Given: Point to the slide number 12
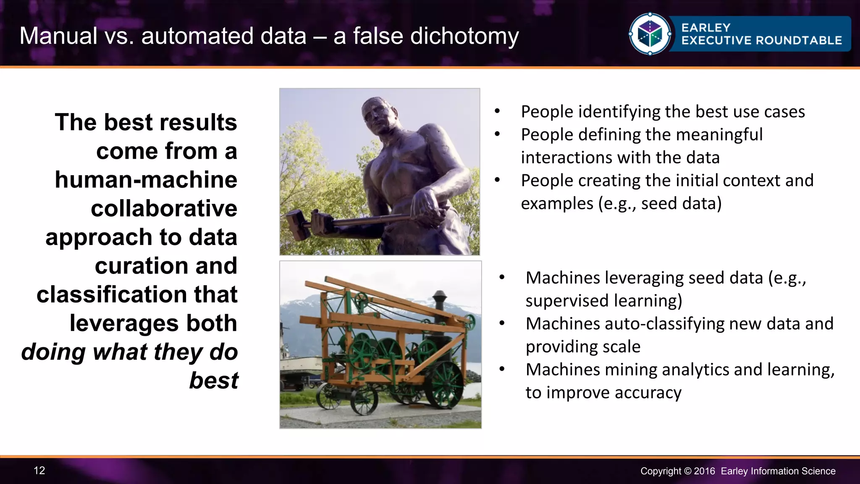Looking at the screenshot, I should coord(39,471).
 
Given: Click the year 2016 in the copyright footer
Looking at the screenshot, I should coord(704,471).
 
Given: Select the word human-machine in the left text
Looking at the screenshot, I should coord(146,180).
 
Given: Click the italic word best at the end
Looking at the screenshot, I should coord(213,381).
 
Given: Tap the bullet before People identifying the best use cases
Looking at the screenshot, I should coord(497,112).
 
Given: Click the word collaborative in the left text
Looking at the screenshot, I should coord(164,209).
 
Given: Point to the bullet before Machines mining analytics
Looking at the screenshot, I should coord(502,370).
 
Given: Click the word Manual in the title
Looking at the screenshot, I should coord(58,36).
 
